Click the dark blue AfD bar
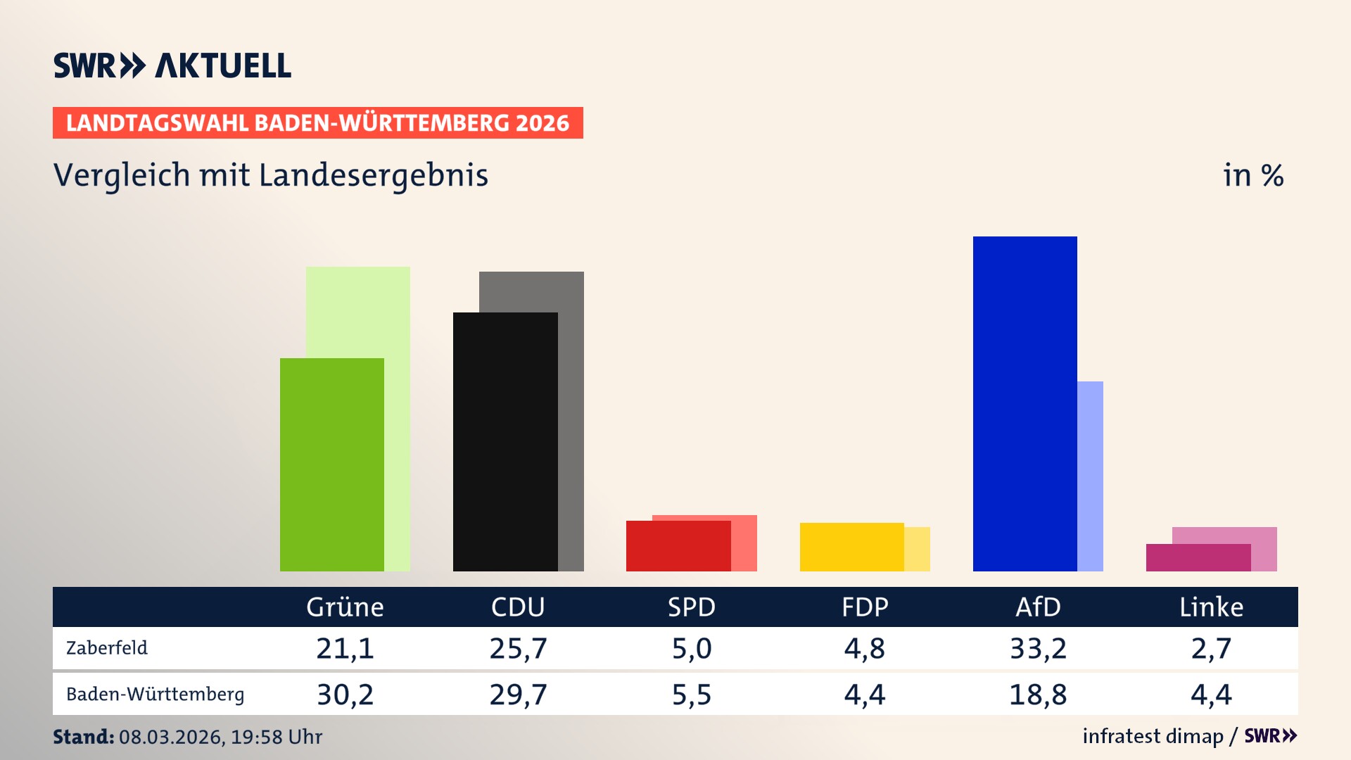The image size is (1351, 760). pyautogui.click(x=1025, y=403)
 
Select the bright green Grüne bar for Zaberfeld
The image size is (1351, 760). pyautogui.click(x=331, y=464)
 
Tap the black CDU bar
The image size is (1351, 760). pyautogui.click(x=505, y=441)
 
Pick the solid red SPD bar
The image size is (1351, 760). pyautogui.click(x=678, y=546)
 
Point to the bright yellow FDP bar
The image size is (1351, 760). pyautogui.click(x=851, y=547)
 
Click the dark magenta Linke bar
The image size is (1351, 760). pyautogui.click(x=1198, y=557)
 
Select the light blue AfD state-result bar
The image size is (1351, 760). pyautogui.click(x=1090, y=476)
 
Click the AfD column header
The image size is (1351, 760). pyautogui.click(x=1038, y=607)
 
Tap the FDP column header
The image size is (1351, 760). pyautogui.click(x=865, y=607)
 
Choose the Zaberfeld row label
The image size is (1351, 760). pyautogui.click(x=107, y=648)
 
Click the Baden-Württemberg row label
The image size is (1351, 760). pyautogui.click(x=155, y=695)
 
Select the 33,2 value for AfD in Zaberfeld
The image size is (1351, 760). pyautogui.click(x=1038, y=648)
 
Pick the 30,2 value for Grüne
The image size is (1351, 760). pyautogui.click(x=345, y=695)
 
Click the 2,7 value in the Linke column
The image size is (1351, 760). pyautogui.click(x=1211, y=648)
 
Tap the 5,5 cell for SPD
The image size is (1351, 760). pyautogui.click(x=692, y=695)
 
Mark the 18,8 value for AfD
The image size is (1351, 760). pyautogui.click(x=1038, y=695)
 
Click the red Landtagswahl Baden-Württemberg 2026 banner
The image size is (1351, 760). pyautogui.click(x=317, y=123)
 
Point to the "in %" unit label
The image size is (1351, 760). pyautogui.click(x=1253, y=175)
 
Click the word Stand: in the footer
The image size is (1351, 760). pyautogui.click(x=83, y=737)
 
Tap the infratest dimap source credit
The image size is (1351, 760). pyautogui.click(x=1153, y=736)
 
